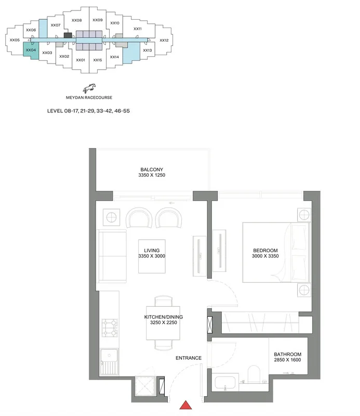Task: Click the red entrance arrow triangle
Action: [186, 405]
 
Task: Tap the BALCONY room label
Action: [152, 170]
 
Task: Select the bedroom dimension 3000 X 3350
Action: [265, 256]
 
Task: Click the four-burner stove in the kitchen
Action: [110, 328]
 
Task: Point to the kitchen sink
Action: [109, 362]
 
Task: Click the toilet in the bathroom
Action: [254, 374]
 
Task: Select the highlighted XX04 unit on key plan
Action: [31, 50]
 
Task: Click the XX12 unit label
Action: [164, 41]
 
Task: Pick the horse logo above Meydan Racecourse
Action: [89, 88]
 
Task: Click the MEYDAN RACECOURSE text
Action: [89, 97]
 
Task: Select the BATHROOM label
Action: [288, 354]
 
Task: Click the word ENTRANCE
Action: [189, 358]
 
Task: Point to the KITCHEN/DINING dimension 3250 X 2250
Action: [164, 322]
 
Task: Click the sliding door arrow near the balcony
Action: [172, 203]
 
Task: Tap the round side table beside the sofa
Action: [111, 217]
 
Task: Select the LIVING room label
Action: [152, 250]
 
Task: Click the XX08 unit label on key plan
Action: [76, 20]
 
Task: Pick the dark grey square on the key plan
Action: [68, 35]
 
